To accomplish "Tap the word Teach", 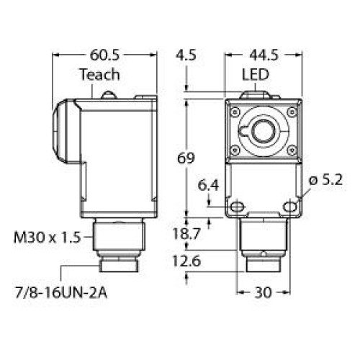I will [99, 75].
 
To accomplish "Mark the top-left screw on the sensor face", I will [234, 111].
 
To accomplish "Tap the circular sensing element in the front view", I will [261, 131].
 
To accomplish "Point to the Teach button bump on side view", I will [107, 93].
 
